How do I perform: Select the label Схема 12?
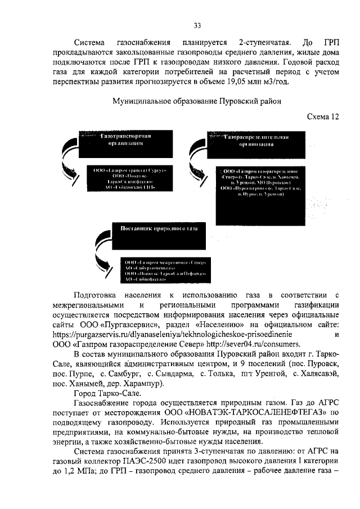point(323,116)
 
